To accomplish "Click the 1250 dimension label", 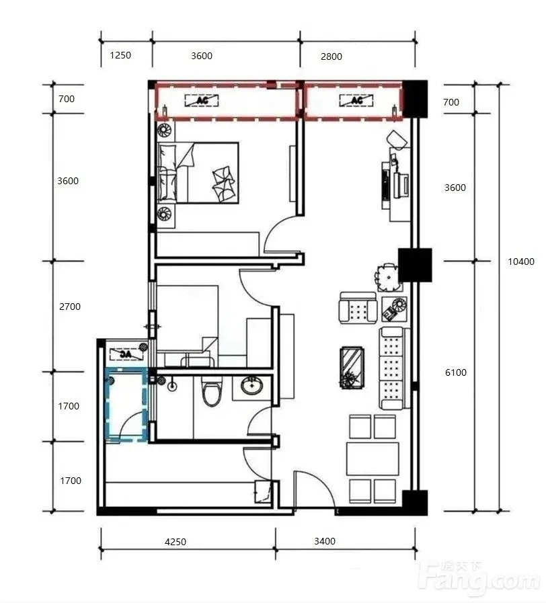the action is (120, 55).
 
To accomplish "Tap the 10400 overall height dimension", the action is (521, 262).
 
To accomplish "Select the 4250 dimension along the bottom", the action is (175, 542).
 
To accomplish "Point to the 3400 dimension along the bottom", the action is (325, 541).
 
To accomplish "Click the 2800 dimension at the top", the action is (331, 56).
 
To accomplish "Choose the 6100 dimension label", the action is (456, 372).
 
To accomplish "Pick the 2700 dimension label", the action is (70, 307).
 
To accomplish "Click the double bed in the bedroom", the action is (198, 173).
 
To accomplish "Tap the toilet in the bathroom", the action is (212, 391).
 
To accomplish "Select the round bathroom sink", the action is (252, 386).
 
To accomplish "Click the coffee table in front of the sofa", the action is (352, 368).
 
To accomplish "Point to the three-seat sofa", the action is (392, 369).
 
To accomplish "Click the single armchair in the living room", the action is (358, 308).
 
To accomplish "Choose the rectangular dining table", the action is (373, 458).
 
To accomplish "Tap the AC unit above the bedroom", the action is (202, 100).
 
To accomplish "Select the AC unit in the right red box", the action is (356, 100).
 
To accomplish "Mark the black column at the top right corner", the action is (415, 99).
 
